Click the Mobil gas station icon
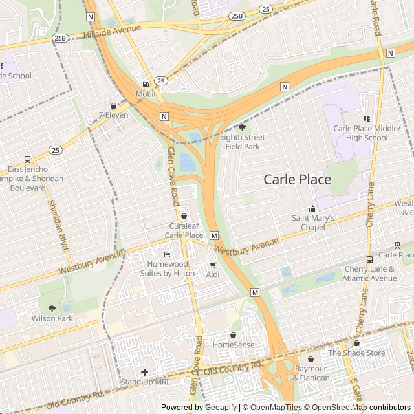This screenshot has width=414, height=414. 145,83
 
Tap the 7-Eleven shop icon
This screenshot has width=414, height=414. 114,105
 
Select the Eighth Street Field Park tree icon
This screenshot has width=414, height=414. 243,127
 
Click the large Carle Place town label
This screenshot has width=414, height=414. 297,180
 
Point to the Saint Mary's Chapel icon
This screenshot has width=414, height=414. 313,208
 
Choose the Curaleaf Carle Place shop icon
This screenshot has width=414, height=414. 184,216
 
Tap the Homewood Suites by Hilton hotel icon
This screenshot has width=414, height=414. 167,254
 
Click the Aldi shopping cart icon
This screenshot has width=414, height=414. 213,265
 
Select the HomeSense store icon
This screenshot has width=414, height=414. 233,335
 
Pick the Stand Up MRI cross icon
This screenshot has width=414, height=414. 144,372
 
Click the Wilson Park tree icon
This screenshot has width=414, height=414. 52,309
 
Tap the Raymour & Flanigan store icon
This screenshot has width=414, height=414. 311,359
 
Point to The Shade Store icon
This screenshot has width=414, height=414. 356,343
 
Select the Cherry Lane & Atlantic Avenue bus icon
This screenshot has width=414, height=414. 369,259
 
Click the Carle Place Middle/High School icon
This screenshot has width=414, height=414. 366,118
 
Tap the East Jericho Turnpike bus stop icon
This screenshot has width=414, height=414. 27,159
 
